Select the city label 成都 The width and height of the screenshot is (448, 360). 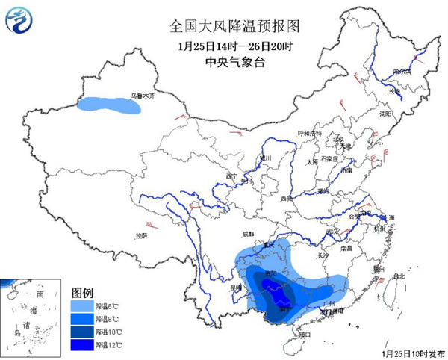[x=248, y=235]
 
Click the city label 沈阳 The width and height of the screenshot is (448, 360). [x=385, y=114]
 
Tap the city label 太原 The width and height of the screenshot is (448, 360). [x=312, y=161]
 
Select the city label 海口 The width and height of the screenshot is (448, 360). [x=303, y=335]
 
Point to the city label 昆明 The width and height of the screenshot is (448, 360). [x=237, y=286]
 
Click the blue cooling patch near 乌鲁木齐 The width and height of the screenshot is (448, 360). [x=110, y=107]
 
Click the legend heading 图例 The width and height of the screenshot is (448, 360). [x=82, y=291]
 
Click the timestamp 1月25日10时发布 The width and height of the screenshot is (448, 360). [x=413, y=351]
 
